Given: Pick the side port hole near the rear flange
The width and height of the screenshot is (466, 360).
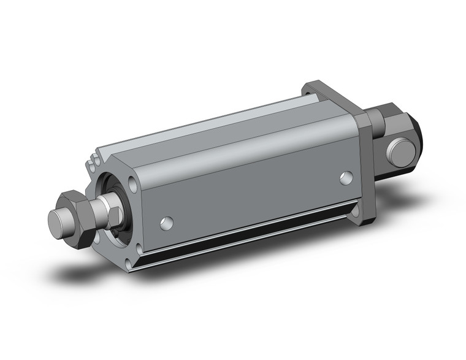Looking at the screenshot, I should coord(347,178).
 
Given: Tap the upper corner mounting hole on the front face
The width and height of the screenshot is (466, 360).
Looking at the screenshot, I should coord(133,183).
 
